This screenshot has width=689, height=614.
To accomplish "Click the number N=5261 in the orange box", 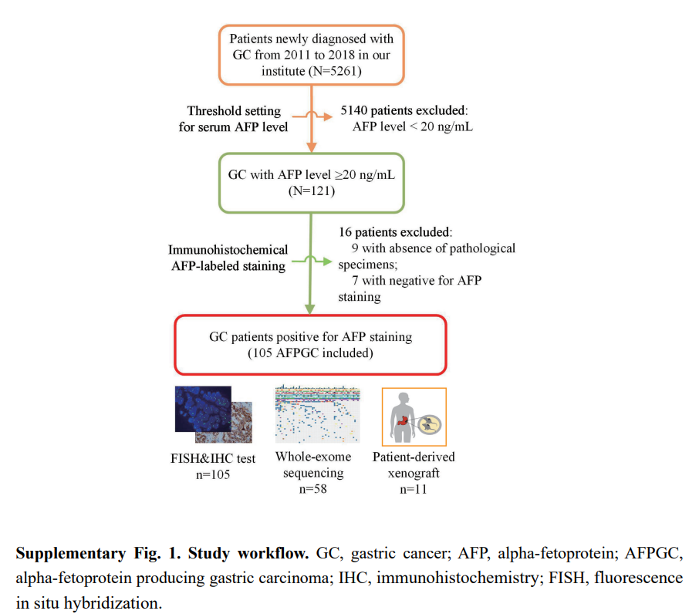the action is tap(336, 71).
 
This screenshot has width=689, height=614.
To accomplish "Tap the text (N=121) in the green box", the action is tap(312, 191).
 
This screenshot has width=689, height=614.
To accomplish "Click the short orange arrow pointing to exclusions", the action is tap(312, 116).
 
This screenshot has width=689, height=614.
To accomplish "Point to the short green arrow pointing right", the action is tap(312, 261).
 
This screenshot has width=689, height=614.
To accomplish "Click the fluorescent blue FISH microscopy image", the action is tap(203, 409).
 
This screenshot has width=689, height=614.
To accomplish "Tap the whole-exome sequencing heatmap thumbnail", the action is tap(317, 414).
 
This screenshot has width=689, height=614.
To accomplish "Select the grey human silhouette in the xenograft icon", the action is tap(402, 417).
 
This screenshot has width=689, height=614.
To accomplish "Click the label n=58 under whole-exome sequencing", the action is tap(312, 489).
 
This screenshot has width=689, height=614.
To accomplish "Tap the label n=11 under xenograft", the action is tap(414, 489).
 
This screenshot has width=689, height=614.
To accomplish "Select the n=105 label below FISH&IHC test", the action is tap(213, 474).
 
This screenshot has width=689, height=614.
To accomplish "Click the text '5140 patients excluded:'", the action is tap(404, 110).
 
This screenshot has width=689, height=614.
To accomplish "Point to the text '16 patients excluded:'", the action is tap(395, 232).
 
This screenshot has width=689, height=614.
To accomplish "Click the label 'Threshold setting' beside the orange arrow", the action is tap(234, 110).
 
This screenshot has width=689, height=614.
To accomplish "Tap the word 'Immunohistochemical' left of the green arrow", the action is tap(228, 249).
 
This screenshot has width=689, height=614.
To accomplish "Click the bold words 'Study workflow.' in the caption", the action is tap(248, 553).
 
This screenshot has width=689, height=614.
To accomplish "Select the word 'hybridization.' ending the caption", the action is tap(113, 603).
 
